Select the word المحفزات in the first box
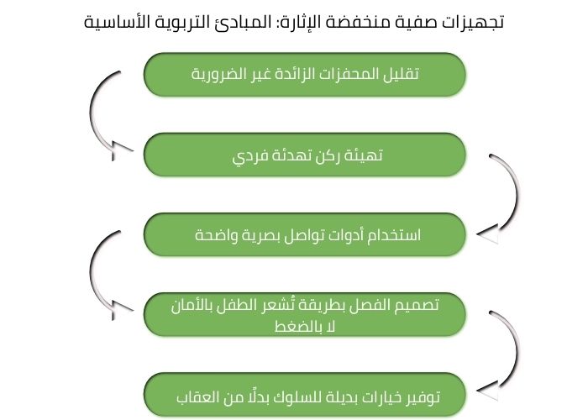click(346, 74)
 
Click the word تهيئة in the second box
click(364, 155)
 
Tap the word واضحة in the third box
click(218, 235)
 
